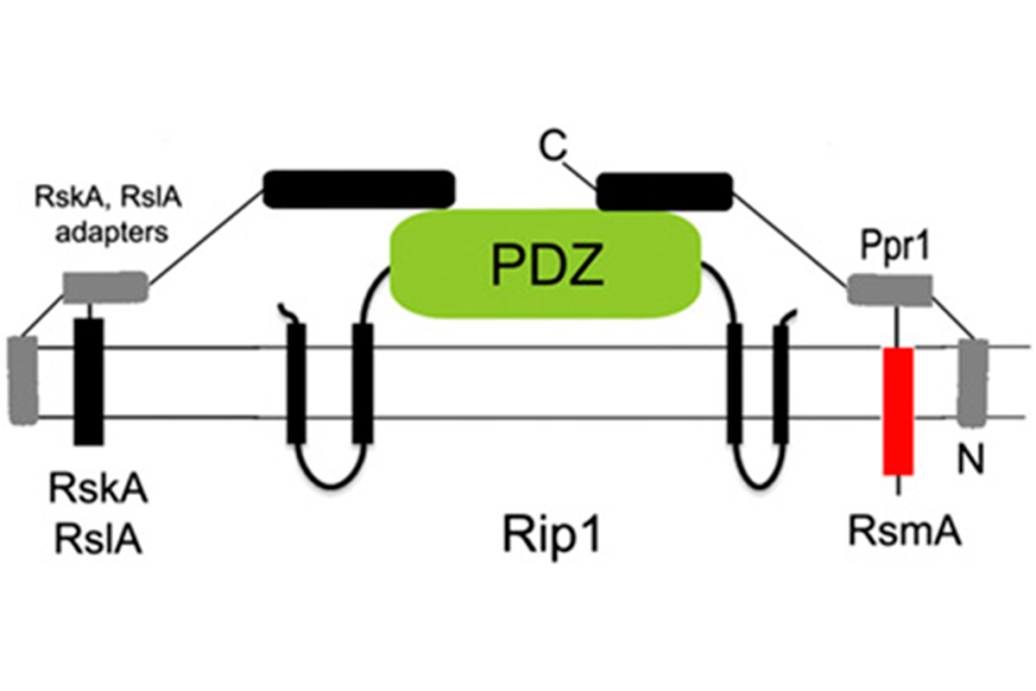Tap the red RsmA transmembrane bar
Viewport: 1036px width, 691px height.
(x=898, y=410)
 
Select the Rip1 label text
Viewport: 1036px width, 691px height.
(x=552, y=536)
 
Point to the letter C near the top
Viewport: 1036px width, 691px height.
(x=554, y=150)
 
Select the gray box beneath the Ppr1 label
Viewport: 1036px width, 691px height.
(x=888, y=289)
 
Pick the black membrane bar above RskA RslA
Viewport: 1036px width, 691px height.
(x=89, y=381)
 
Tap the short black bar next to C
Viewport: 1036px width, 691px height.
(x=665, y=191)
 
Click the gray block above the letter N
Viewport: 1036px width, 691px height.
(x=974, y=381)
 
